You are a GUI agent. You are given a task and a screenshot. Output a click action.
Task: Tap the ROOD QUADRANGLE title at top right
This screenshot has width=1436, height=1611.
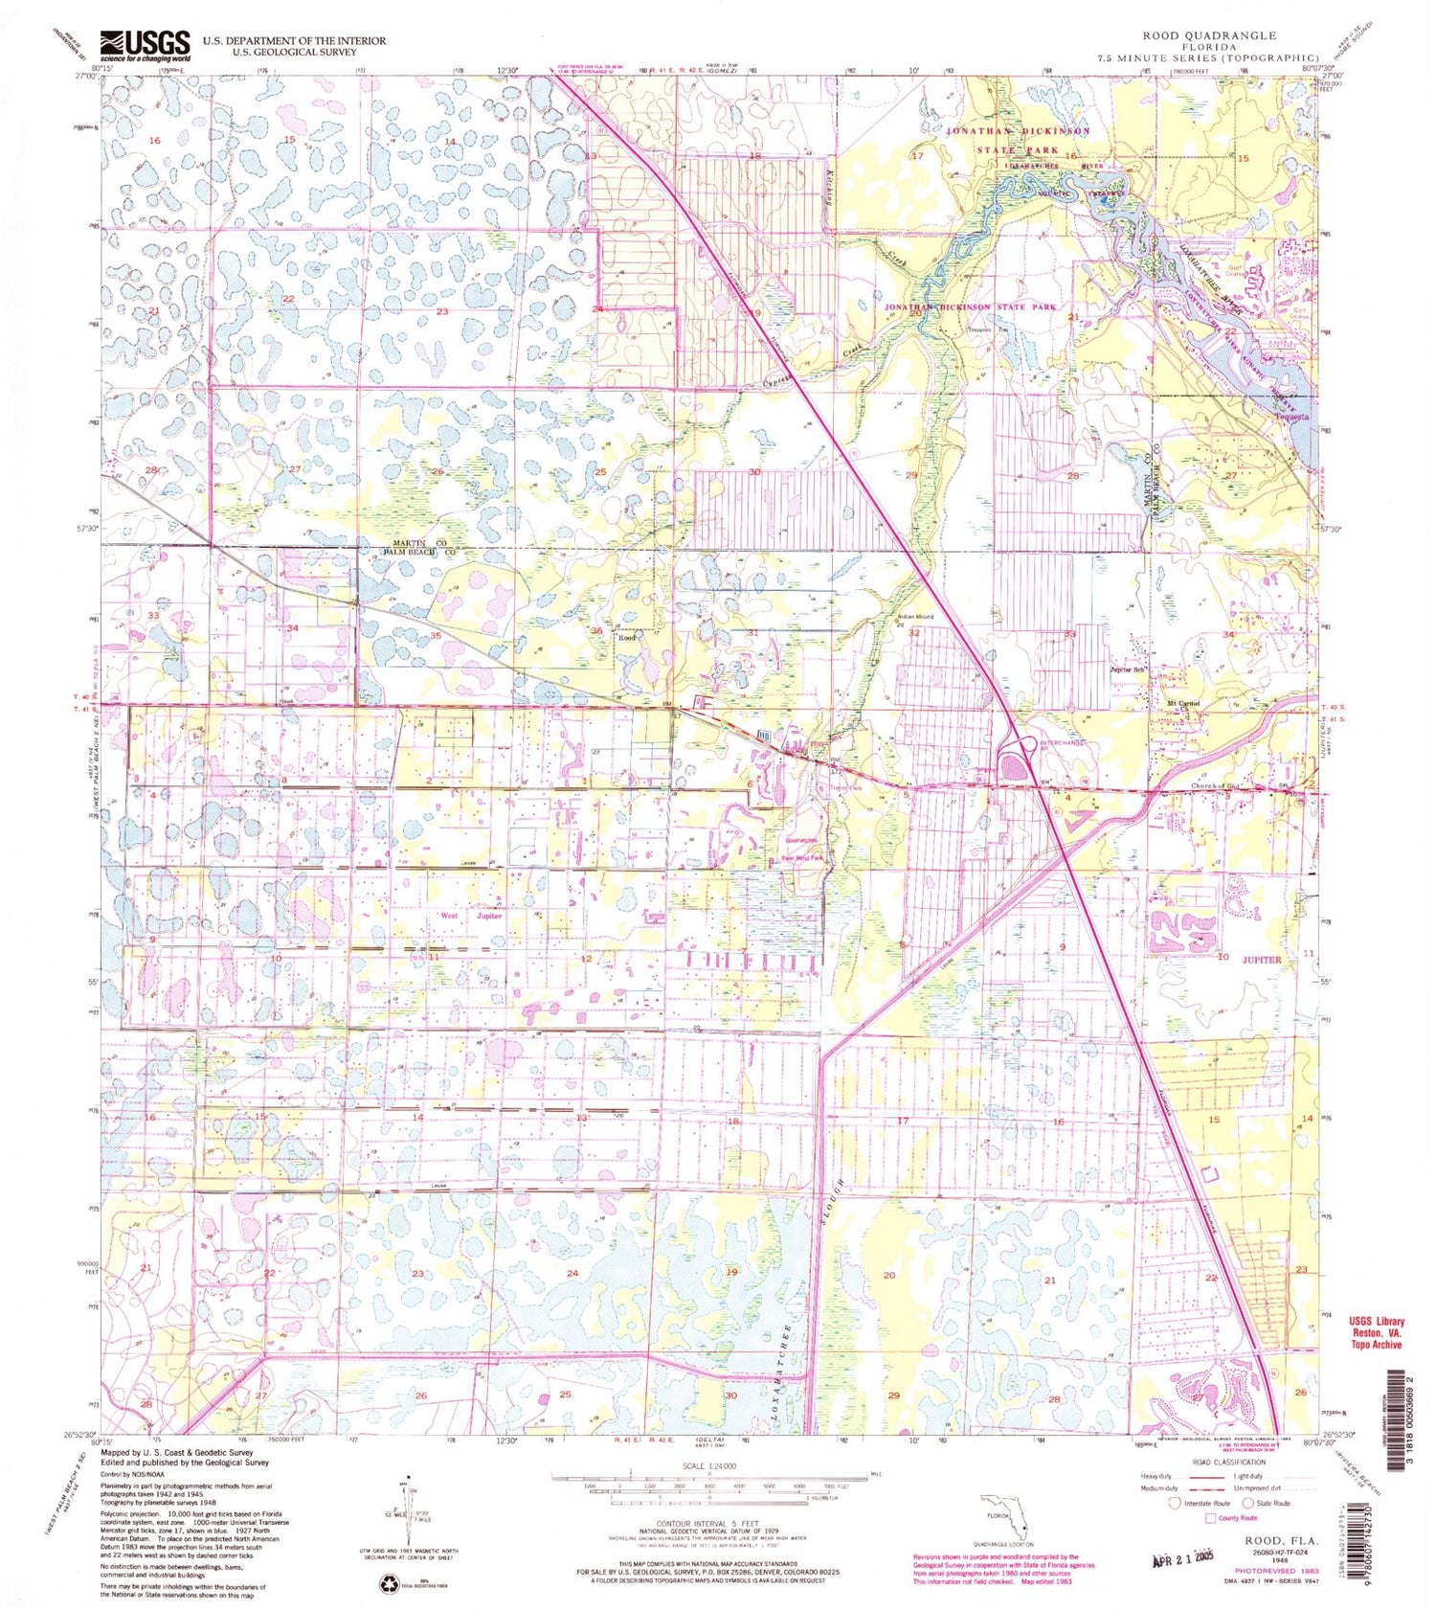tap(1209, 35)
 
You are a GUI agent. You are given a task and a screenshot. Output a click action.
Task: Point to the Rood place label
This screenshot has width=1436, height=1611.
tap(628, 637)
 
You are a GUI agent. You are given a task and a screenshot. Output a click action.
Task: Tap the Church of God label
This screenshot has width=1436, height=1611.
tap(1215, 786)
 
